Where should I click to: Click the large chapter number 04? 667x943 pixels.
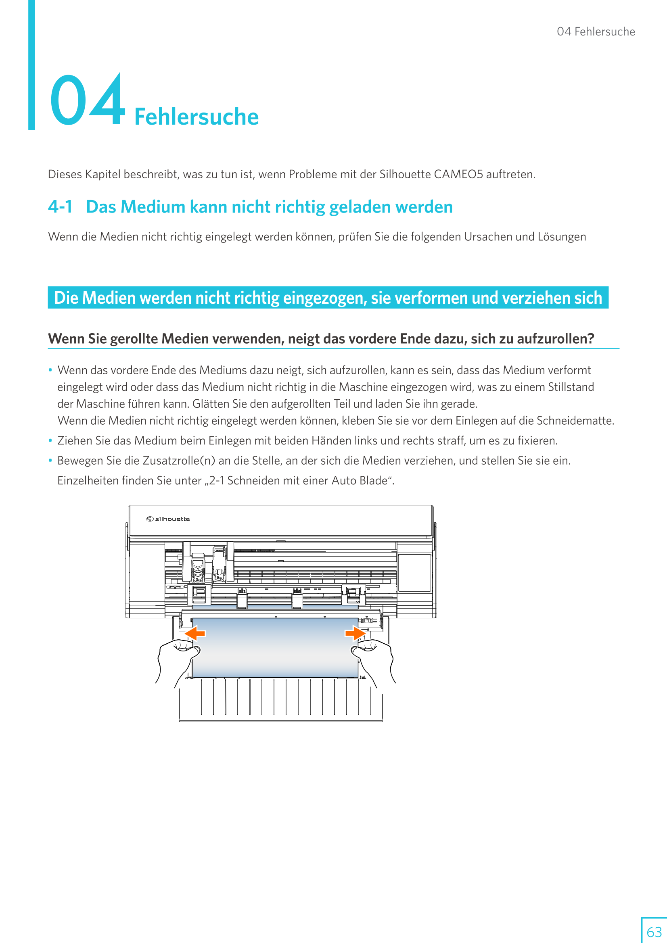tap(87, 100)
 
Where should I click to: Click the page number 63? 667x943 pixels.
tap(654, 931)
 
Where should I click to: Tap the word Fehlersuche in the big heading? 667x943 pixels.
tap(197, 117)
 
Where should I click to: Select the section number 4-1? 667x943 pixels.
tap(60, 207)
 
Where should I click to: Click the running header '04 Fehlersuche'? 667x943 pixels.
tap(596, 31)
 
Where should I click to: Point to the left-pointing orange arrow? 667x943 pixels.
tap(195, 634)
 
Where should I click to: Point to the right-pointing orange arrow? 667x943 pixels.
tap(355, 634)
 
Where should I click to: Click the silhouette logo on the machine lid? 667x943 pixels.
tap(168, 519)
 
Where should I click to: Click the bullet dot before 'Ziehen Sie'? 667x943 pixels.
tap(50, 441)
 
